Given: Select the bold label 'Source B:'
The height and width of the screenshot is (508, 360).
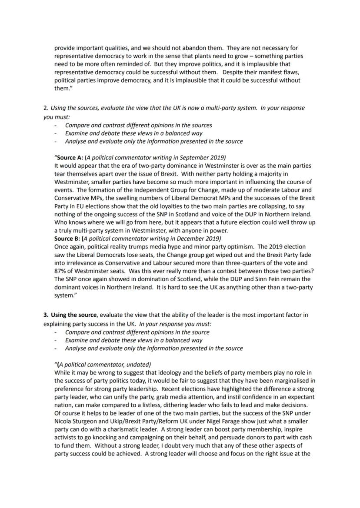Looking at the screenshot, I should click(67, 239).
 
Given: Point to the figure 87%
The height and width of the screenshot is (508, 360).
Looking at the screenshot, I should click(60, 271).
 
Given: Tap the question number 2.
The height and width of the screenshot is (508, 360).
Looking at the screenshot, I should click(45, 108).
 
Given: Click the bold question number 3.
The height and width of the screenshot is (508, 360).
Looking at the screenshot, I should click(46, 315).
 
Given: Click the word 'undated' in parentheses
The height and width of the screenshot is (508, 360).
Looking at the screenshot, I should click(137, 364).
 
